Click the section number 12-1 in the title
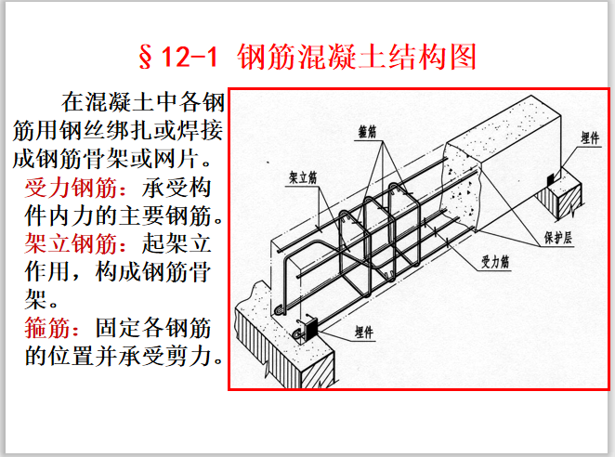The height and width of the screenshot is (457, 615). (x=188, y=57)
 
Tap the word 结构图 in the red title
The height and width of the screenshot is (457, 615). (x=438, y=57)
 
